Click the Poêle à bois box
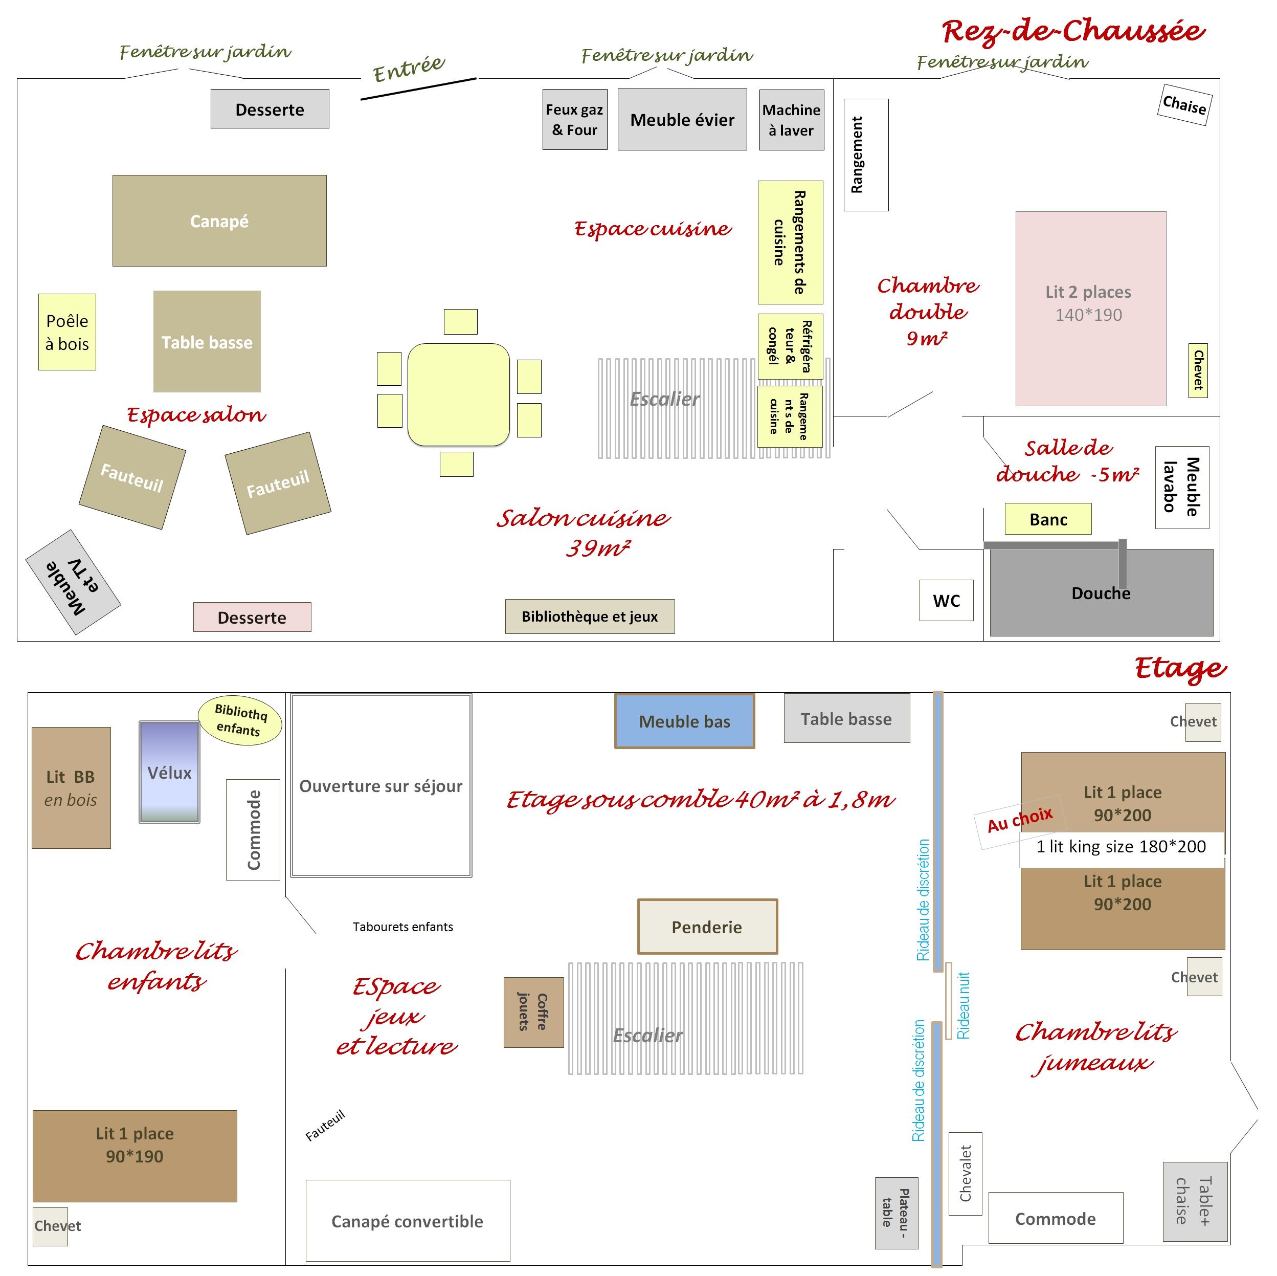(68, 332)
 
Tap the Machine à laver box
(791, 120)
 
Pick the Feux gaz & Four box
(574, 120)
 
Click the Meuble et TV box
(73, 582)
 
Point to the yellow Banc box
(1048, 519)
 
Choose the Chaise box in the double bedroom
(1184, 104)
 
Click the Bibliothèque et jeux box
(590, 616)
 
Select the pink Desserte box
(252, 617)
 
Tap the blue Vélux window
(169, 772)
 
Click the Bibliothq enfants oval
(240, 720)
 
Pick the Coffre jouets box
(533, 1012)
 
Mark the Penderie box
(707, 926)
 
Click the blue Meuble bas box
(684, 721)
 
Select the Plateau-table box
(897, 1213)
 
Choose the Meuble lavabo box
(1182, 487)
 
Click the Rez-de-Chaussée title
(1073, 31)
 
